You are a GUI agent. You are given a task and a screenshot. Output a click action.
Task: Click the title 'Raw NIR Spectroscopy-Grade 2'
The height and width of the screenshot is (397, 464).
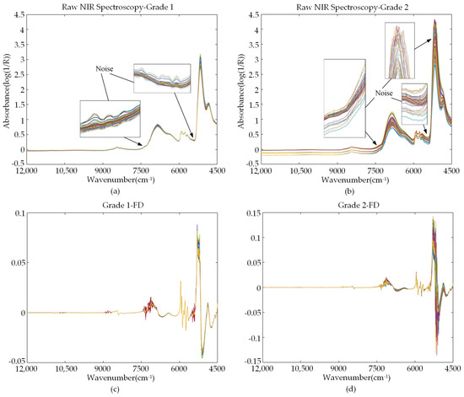pyautogui.click(x=358, y=5)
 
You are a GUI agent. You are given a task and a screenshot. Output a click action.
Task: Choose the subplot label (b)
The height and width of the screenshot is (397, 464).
pyautogui.click(x=358, y=189)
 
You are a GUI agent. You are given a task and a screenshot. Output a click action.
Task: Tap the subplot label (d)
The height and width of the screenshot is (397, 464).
pyautogui.click(x=358, y=389)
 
